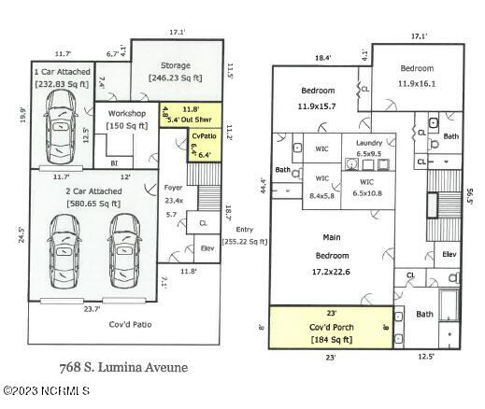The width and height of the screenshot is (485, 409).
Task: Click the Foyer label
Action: pos(173,188)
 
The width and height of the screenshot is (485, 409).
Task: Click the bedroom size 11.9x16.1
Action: pos(418,83)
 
